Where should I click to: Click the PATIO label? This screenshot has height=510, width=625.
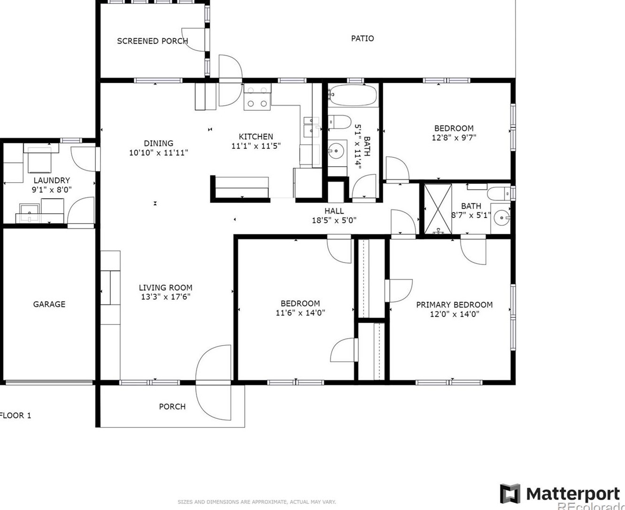coord(362,38)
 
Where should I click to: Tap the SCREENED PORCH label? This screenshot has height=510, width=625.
coord(152,41)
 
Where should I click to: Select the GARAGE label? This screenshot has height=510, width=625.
coord(49,304)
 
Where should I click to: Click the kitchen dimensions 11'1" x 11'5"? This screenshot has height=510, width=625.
coord(256,146)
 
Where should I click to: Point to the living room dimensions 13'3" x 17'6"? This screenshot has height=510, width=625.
coord(165,297)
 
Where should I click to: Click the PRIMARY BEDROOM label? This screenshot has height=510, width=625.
coord(454,305)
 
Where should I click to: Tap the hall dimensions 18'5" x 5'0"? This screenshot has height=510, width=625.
coord(334,220)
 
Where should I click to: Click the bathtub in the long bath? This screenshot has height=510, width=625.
coord(353,95)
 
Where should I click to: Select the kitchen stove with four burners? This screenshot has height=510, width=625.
coord(257,97)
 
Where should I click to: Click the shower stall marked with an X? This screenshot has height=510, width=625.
coord(438,209)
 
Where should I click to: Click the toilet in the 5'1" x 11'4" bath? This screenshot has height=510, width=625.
coord(340,122)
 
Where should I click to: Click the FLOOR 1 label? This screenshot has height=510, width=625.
coord(15,416)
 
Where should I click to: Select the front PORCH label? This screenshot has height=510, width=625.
coord(172,407)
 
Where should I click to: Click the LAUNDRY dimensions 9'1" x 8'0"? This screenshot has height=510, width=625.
coord(52,189)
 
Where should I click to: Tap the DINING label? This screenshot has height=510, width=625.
coord(159,143)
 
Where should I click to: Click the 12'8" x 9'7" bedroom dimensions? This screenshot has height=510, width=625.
coord(454,138)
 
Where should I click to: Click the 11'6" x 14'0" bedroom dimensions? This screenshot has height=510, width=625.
coord(300,313)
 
